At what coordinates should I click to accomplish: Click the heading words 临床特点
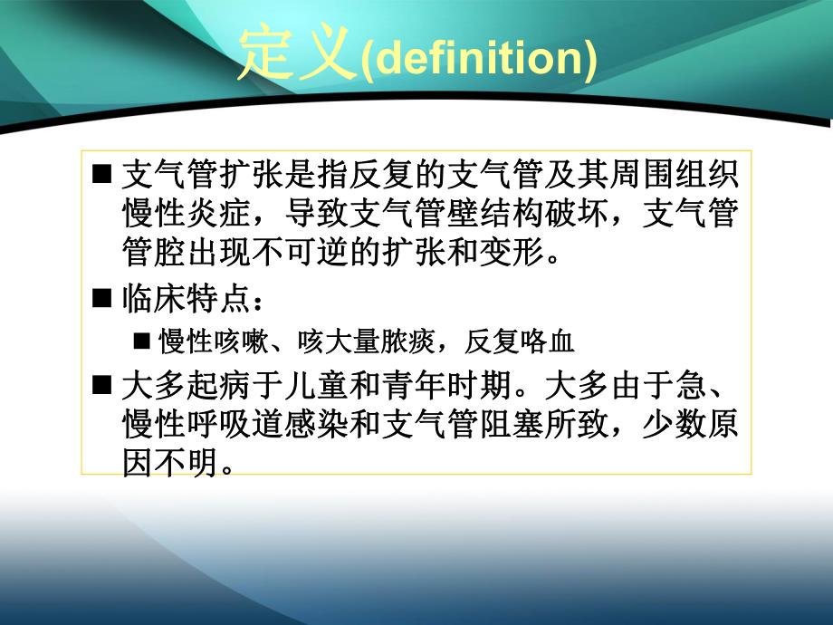[180, 298]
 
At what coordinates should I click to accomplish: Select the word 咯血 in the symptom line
[551, 342]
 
